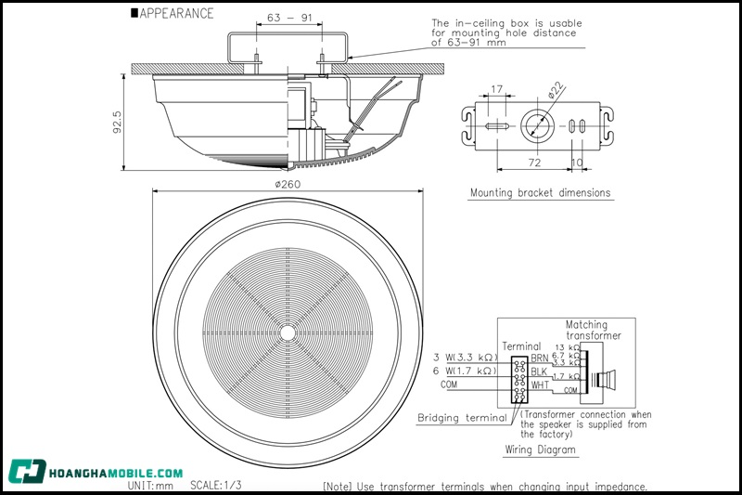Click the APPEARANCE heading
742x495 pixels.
[176, 14]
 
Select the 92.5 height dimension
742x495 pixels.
[119, 122]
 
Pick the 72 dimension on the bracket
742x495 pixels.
[535, 162]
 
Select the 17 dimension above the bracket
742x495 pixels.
[497, 90]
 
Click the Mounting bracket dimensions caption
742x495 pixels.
[540, 193]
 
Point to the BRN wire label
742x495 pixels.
[539, 358]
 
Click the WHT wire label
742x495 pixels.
[539, 384]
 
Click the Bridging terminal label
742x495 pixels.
[462, 417]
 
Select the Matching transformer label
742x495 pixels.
[594, 330]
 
